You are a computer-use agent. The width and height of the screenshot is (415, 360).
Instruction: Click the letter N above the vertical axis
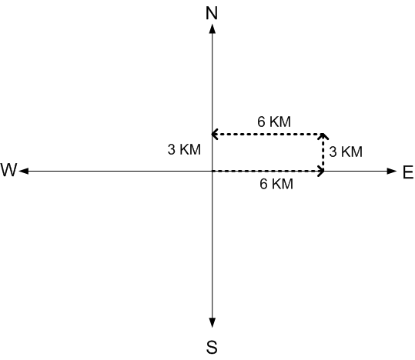[212, 13]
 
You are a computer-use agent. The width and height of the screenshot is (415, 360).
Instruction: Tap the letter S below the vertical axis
[212, 347]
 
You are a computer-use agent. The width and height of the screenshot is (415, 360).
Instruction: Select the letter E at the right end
[408, 172]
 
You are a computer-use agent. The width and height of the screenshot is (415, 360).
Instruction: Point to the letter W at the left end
[8, 169]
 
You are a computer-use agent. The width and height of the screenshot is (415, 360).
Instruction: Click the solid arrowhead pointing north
[212, 28]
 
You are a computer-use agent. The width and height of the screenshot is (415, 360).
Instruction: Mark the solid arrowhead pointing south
[212, 323]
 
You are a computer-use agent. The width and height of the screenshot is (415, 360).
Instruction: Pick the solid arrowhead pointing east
[391, 171]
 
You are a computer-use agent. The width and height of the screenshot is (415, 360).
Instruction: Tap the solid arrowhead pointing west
[24, 171]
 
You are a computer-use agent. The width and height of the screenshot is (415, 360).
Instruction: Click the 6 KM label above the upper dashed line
[274, 122]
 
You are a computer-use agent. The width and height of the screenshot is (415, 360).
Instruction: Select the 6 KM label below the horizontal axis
[276, 184]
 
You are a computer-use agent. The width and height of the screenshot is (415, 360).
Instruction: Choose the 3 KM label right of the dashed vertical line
[346, 152]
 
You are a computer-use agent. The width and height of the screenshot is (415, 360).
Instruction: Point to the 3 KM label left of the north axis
[184, 149]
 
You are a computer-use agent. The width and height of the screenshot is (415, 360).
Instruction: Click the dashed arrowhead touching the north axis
[214, 134]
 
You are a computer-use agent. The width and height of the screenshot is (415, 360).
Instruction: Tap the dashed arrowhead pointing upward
[323, 136]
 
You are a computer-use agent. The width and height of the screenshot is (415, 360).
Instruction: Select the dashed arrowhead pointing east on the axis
[321, 171]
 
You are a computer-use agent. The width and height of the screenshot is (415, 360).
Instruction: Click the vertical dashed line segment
[323, 152]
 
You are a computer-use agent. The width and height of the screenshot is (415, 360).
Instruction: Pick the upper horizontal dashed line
[267, 134]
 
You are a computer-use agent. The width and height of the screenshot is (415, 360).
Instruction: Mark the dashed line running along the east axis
[268, 171]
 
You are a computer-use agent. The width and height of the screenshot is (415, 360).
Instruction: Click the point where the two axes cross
[212, 171]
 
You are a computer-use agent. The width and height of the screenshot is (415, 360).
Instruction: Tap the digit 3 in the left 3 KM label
[171, 149]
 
